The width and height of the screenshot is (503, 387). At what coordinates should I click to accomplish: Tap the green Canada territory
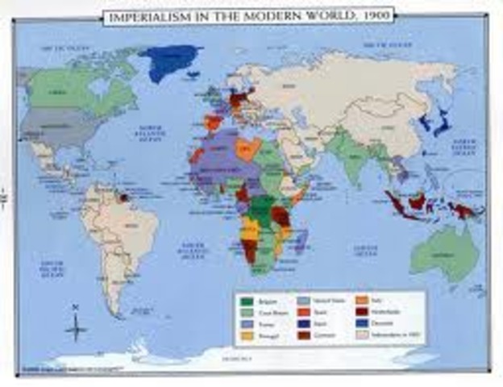64,85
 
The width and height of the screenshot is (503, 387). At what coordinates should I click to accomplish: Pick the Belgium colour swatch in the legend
247,302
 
